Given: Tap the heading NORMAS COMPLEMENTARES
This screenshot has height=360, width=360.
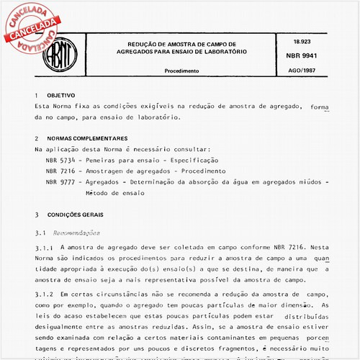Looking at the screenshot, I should pyautogui.click(x=87, y=138).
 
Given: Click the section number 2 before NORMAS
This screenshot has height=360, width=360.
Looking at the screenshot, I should pyautogui.click(x=37, y=138).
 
